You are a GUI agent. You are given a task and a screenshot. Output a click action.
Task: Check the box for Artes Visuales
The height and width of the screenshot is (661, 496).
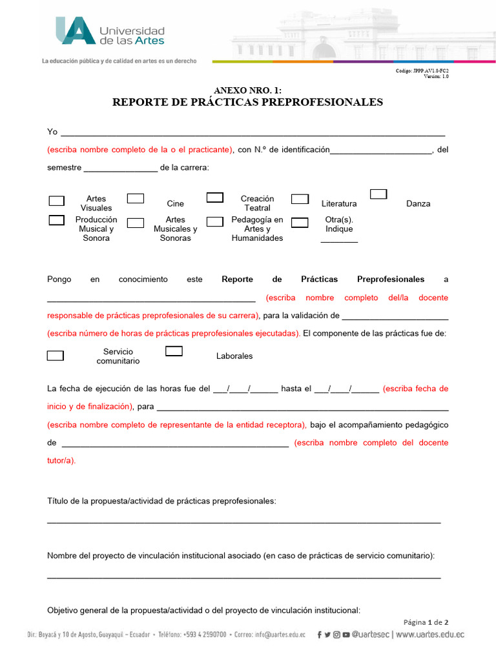pos(57,201)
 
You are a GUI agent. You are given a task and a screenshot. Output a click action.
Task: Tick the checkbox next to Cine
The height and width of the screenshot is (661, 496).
pos(135,199)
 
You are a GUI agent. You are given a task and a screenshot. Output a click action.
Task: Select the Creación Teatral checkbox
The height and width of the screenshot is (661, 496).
pos(214,198)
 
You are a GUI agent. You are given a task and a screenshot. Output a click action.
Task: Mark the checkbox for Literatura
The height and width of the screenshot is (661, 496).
pos(300,199)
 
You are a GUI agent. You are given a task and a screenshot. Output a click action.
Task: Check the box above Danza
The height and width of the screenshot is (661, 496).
pos(378,194)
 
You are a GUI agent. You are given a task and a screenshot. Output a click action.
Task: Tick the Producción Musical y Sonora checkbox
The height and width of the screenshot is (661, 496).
pos(57,221)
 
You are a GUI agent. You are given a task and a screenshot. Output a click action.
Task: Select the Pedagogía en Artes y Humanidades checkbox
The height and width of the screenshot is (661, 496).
pos(214,223)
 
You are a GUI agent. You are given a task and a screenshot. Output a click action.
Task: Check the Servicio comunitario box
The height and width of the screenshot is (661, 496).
pos(56,355)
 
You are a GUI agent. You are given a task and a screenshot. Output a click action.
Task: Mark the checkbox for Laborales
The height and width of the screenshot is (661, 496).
pos(174,351)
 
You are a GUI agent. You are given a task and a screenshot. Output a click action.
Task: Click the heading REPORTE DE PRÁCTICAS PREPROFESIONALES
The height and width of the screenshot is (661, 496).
pos(247,102)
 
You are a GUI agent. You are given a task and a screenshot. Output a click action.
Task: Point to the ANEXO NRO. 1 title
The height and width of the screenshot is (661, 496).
pos(247,90)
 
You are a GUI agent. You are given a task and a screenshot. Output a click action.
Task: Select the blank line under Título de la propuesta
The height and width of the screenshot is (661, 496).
pos(244,521)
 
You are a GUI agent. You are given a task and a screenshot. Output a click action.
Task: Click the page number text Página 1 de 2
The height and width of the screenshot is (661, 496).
pos(426,622)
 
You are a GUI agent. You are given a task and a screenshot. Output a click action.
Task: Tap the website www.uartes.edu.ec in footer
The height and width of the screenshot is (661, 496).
pos(429,635)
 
